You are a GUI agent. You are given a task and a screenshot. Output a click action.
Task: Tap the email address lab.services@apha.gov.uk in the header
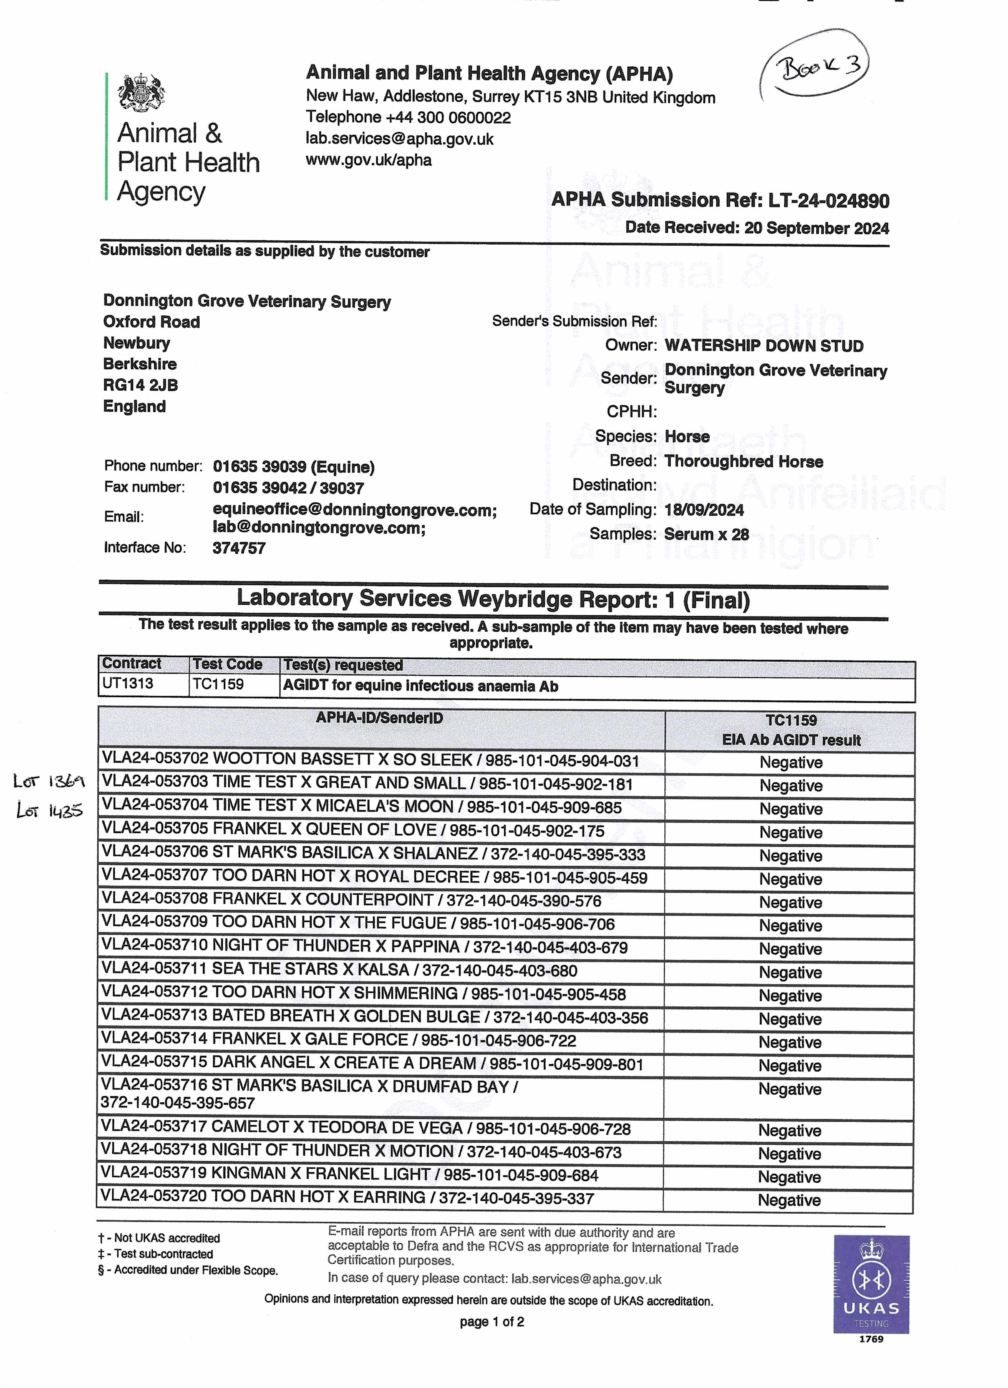400,139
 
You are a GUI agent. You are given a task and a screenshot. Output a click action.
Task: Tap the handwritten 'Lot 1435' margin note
49,811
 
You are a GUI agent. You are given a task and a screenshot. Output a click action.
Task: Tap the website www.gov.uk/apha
369,160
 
